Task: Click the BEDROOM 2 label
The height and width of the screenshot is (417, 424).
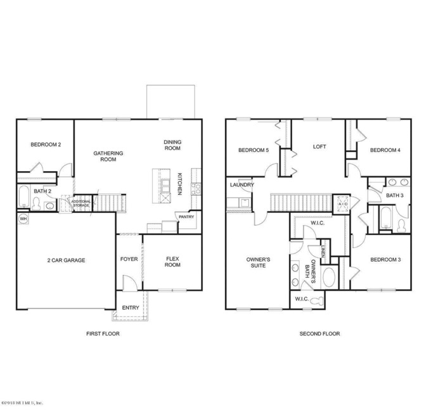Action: [46, 144]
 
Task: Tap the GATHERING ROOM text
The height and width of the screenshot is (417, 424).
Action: [108, 156]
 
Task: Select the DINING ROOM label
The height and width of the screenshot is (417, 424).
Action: [172, 145]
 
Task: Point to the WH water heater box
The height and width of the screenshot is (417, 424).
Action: [23, 219]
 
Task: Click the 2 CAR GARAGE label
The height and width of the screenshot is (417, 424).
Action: [65, 260]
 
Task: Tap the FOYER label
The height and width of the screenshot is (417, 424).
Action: [129, 260]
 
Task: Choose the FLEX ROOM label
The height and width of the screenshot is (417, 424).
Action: [173, 262]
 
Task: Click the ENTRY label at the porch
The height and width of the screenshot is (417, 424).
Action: [131, 308]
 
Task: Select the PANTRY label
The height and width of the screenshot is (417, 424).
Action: [186, 217]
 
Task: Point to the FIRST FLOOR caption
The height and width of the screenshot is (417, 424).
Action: [103, 333]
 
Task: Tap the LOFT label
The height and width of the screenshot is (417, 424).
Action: [319, 146]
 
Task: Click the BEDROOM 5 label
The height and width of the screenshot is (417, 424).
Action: [254, 150]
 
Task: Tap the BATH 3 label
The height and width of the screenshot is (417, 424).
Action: [394, 196]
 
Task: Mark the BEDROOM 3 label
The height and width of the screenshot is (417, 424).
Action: [385, 259]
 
